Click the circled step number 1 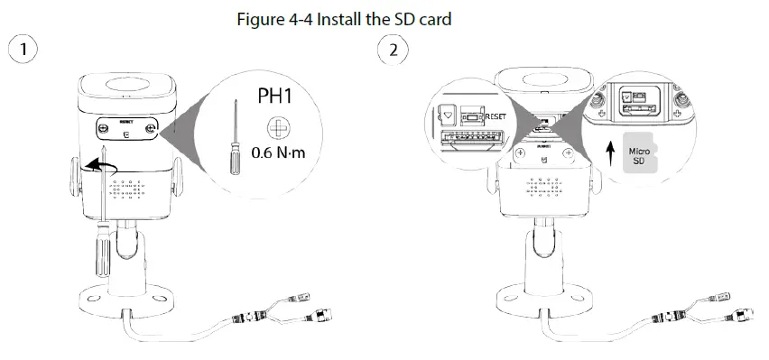[x=22, y=48]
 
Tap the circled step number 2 [x=392, y=48]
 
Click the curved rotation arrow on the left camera [x=99, y=168]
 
